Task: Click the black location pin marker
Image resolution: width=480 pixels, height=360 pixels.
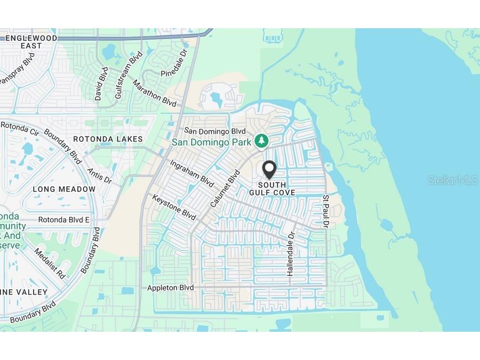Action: coord(269,168)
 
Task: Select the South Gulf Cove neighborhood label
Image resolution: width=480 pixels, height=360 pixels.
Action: coord(272,189)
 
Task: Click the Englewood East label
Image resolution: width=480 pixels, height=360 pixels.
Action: coord(31,41)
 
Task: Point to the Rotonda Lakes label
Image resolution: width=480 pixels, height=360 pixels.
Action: coord(108,139)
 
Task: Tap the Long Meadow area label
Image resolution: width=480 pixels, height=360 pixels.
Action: coord(64,189)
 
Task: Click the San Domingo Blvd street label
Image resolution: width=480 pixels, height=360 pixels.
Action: coord(215,131)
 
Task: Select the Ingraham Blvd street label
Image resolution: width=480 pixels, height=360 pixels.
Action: coord(191,173)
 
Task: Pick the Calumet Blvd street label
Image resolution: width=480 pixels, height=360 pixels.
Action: coord(225,189)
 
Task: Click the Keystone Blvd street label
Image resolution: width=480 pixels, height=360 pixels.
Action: coord(174,207)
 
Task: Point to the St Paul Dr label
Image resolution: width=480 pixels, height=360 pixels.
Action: coord(326,211)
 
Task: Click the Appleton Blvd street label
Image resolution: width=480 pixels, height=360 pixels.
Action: coord(170,288)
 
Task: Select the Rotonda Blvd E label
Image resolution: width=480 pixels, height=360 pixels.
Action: coord(64,220)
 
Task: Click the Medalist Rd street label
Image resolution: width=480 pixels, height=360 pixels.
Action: coord(50,263)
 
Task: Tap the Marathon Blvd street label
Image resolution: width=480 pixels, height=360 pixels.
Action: coord(154,93)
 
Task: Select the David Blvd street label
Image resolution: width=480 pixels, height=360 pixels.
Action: coord(101,84)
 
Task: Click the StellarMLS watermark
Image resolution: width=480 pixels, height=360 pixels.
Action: coord(452,180)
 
